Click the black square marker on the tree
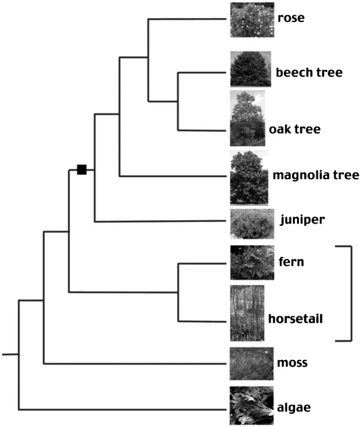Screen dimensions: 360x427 82,170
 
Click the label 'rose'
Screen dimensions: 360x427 291,18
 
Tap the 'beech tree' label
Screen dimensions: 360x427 309,73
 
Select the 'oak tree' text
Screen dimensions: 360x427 295,129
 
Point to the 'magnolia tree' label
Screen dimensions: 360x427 316,175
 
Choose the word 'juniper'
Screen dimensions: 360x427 303,219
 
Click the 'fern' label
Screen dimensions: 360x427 291,262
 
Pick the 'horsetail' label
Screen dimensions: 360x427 296,318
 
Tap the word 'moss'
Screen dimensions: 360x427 292,363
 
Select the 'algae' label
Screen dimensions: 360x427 294,408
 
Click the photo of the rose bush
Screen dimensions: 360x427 252,19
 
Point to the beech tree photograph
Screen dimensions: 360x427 251,69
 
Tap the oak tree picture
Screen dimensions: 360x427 247,118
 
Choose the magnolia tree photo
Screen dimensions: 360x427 249,178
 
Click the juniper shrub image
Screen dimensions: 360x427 252,224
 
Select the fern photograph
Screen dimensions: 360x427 252,262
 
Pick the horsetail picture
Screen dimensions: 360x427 247,314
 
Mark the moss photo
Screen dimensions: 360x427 251,363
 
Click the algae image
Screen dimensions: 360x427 251,406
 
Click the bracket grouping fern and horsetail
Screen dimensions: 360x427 351,293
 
